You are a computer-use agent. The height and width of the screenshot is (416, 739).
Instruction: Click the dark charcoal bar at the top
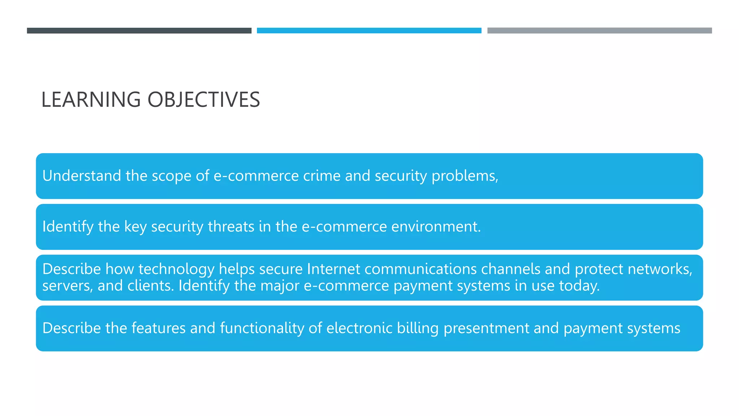click(139, 31)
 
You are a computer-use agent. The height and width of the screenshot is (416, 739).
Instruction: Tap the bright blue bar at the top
click(369, 31)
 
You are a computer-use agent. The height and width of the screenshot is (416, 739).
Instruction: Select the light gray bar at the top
click(599, 31)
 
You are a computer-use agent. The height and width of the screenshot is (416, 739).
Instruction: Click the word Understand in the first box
click(82, 176)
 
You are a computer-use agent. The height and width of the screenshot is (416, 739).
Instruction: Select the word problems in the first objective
click(464, 176)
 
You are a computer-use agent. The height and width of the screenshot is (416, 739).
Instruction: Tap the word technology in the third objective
click(176, 269)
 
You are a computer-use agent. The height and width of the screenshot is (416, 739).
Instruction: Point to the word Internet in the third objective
click(333, 269)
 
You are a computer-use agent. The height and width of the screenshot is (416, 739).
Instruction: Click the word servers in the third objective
click(67, 286)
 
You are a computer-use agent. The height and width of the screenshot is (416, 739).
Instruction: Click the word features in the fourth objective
click(158, 328)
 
